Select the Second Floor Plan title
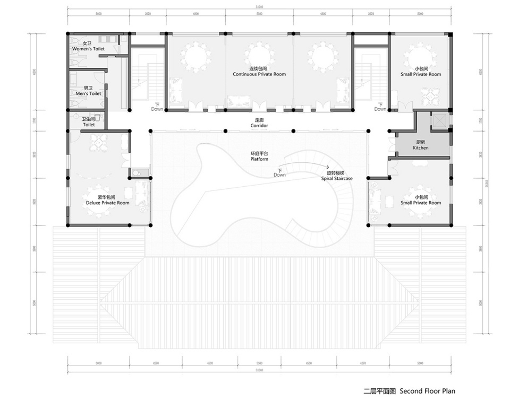pyautogui.click(x=409, y=391)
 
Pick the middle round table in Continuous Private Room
pyautogui.click(x=259, y=55)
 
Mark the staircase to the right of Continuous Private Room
pyautogui.click(x=368, y=77)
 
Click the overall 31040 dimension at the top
pyautogui.click(x=259, y=7)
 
